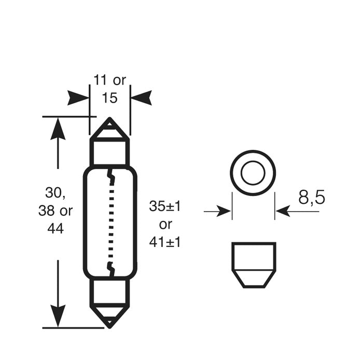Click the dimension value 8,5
311,198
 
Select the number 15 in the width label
110,97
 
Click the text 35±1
165,206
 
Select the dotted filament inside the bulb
110,223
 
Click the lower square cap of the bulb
110,292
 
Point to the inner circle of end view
253,173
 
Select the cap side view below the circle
253,264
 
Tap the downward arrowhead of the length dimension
58,316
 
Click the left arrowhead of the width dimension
78,97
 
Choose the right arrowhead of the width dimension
141,97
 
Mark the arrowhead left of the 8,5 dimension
224,211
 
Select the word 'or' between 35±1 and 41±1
165,224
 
